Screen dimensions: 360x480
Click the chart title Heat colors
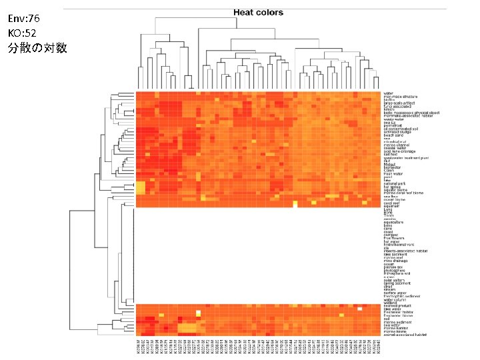coord(258,13)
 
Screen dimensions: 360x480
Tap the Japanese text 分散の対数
coord(37,49)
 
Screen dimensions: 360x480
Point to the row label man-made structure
coord(401,97)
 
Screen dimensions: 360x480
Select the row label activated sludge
coord(397,131)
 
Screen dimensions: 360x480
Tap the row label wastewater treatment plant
coord(406,158)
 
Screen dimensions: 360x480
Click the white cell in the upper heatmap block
coord(295,204)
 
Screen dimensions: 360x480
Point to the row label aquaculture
coord(394,223)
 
